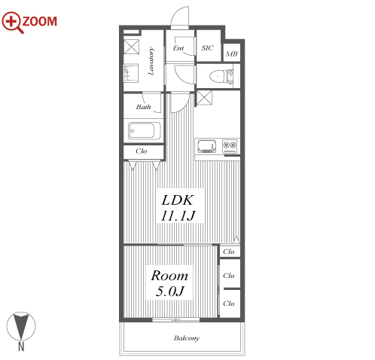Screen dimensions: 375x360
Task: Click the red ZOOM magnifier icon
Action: point(12,22)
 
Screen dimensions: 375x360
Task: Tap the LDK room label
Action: point(178,200)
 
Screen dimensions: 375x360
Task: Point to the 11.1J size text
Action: point(178,216)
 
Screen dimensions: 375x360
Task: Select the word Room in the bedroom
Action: point(169,276)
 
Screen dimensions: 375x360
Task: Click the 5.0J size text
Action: point(170,291)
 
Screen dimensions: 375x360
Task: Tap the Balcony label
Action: point(187,338)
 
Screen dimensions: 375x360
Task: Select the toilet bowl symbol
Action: point(218,76)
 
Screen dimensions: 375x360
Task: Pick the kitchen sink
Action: point(207,146)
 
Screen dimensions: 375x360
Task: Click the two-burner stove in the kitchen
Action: point(230,146)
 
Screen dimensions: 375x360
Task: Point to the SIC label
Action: point(208,47)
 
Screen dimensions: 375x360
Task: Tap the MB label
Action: point(232,53)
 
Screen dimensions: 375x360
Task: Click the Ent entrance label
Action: point(178,48)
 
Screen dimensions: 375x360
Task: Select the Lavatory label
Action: point(151,61)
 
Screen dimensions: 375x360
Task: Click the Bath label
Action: point(143,107)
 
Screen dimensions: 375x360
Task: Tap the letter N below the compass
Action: point(21,346)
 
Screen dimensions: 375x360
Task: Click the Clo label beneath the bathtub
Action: point(141,151)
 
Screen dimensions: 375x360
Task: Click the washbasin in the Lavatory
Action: point(131,73)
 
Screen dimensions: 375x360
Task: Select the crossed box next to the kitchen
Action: point(204,98)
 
